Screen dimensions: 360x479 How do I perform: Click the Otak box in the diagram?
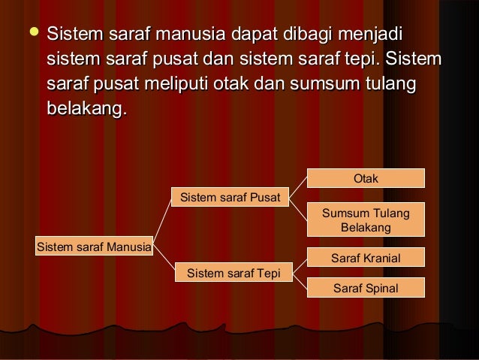tap(366, 178)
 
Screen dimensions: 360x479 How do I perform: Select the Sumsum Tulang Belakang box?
tap(366, 220)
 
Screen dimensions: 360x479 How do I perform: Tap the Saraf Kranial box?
tap(366, 258)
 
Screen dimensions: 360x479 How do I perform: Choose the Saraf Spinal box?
tap(366, 288)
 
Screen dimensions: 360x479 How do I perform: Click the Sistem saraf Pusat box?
tap(230, 198)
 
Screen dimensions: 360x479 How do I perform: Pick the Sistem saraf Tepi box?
tap(230, 272)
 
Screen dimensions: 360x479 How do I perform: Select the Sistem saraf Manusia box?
tap(94, 245)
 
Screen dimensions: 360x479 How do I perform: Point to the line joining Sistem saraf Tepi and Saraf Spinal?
tap(299, 280)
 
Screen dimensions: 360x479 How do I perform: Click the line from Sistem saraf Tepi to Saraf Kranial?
tap(299, 265)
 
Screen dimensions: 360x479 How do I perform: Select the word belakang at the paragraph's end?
tap(85, 109)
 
